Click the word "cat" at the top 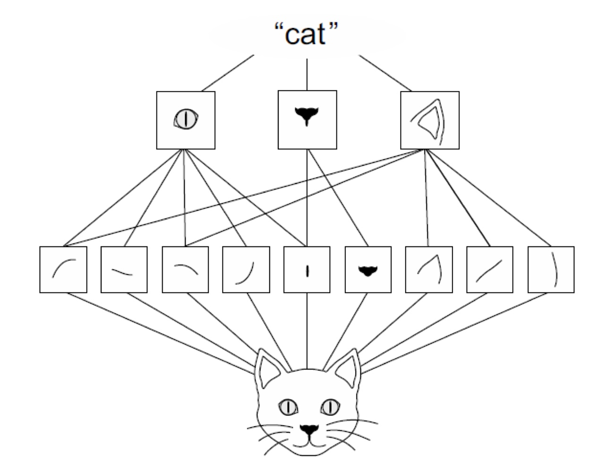[x=307, y=34]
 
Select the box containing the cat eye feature [x=186, y=120]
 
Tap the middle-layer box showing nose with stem [x=307, y=120]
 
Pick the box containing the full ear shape [x=430, y=120]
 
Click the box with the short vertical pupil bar [x=307, y=270]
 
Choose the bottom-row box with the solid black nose [x=368, y=270]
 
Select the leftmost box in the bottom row [x=63, y=270]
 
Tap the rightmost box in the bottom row [x=551, y=270]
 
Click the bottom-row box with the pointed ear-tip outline [x=429, y=270]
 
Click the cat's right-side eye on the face [x=330, y=406]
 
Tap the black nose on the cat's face [x=309, y=429]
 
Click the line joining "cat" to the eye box [x=228, y=73]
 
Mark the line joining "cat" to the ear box [x=385, y=73]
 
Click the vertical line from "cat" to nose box [x=307, y=75]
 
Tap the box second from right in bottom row [x=490, y=270]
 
